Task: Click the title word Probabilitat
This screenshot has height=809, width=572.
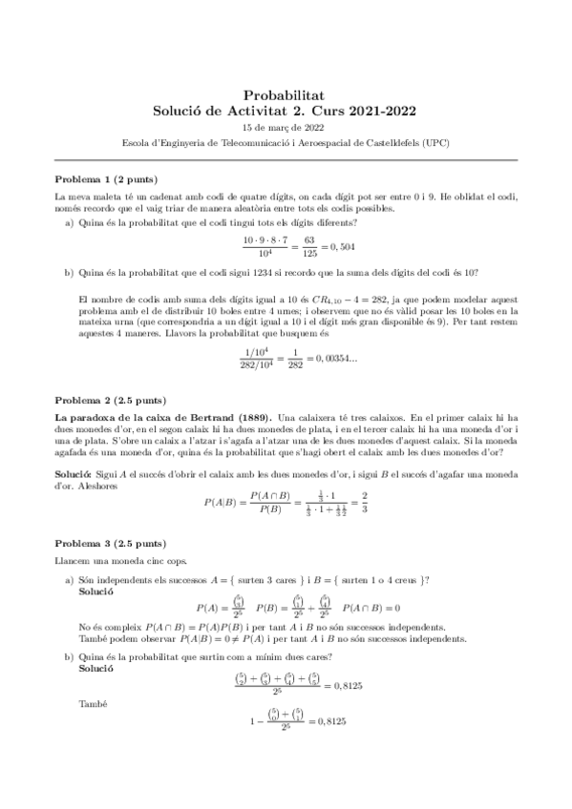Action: tap(286, 94)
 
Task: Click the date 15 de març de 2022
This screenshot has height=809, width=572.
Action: tap(286, 127)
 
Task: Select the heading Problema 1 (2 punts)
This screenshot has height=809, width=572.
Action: tap(106, 179)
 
